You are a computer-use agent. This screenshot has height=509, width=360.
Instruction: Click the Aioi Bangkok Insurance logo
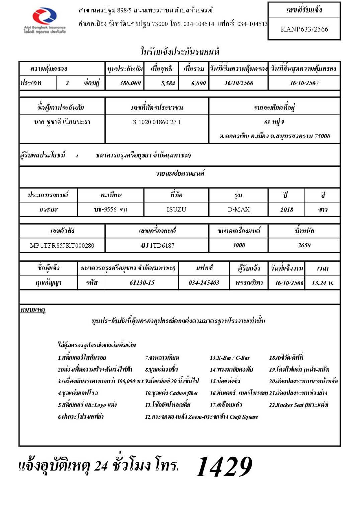click(x=44, y=20)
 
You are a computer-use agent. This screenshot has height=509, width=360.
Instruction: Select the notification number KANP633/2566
click(x=304, y=29)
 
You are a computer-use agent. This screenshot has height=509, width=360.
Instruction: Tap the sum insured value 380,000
click(x=130, y=83)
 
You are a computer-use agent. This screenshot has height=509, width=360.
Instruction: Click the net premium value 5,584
click(x=168, y=83)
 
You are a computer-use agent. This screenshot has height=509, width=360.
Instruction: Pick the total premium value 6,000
click(x=198, y=83)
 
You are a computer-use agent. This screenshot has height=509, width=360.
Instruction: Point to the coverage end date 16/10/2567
click(x=304, y=83)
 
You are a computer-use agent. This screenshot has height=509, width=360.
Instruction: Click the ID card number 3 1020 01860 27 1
click(x=157, y=122)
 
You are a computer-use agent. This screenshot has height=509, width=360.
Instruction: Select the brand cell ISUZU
click(x=176, y=210)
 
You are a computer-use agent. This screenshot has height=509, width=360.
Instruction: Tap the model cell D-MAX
click(x=239, y=210)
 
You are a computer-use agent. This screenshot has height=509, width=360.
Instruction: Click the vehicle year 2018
click(x=287, y=210)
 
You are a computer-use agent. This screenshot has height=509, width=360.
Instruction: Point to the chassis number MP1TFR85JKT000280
click(x=62, y=246)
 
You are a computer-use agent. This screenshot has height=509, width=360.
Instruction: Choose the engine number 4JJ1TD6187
click(x=157, y=246)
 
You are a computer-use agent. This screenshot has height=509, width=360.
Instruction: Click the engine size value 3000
click(x=239, y=245)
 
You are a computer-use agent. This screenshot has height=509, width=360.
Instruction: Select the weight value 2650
click(x=304, y=245)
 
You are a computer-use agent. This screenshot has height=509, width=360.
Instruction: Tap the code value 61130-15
click(x=142, y=283)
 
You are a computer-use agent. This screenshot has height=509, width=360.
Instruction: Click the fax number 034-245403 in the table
click(x=204, y=283)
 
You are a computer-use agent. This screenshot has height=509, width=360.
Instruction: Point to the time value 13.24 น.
click(x=323, y=283)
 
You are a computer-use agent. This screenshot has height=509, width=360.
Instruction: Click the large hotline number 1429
click(x=223, y=467)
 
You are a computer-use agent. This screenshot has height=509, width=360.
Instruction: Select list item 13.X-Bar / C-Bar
click(x=230, y=358)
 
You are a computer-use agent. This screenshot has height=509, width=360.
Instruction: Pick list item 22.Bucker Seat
click(x=298, y=405)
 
